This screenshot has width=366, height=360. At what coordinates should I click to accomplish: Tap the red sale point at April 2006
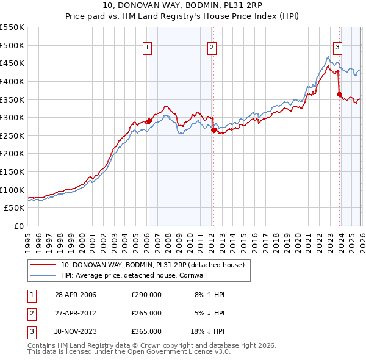(149, 121)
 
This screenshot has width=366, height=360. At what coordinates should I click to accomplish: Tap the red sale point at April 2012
(213, 130)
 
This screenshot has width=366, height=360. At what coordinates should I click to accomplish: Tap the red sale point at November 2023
(339, 94)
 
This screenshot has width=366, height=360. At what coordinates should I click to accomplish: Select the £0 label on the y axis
(18, 226)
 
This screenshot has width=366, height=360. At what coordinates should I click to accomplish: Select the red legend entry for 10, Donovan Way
(152, 265)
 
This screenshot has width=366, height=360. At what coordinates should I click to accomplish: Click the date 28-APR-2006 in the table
(76, 295)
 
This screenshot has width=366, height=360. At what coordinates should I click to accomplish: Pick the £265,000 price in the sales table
(146, 313)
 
